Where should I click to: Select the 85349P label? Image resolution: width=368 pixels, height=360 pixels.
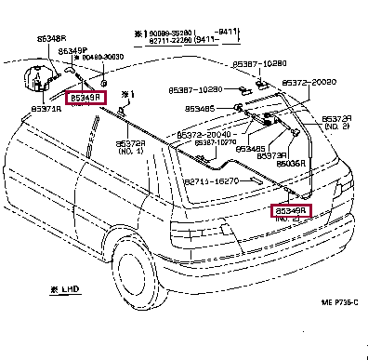[x=72, y=50]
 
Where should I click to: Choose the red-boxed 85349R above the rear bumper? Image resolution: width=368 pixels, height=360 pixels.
[x=290, y=211]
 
